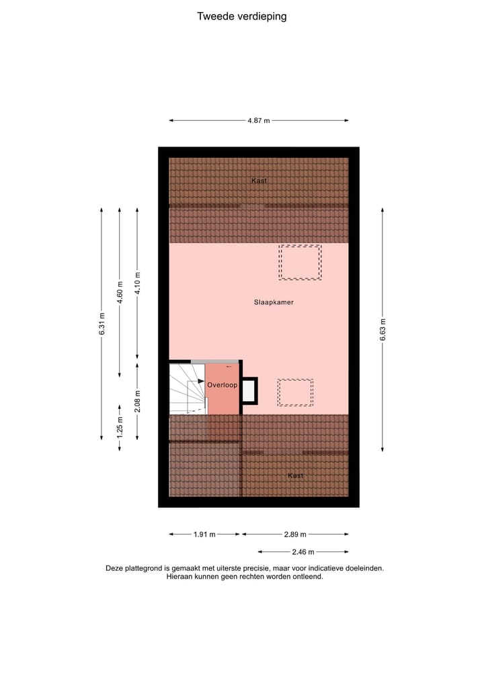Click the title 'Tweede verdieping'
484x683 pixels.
[x=241, y=16]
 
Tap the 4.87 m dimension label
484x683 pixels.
[x=258, y=121]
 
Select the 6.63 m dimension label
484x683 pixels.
[x=382, y=329]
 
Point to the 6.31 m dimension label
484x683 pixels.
[x=102, y=325]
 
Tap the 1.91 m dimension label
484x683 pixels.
[x=204, y=535]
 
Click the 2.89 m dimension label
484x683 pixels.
[x=294, y=535]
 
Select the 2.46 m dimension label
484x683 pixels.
[x=303, y=552]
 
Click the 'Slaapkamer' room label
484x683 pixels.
[x=274, y=302]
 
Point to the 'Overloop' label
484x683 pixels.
[x=222, y=385]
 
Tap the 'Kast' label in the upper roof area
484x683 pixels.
[x=259, y=181]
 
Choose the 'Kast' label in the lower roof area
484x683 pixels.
[x=295, y=475]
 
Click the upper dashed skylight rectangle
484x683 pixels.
[x=300, y=262]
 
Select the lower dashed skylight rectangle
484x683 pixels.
[x=295, y=392]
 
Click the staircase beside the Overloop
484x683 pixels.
[x=186, y=389]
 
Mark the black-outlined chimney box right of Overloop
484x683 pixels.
[x=249, y=391]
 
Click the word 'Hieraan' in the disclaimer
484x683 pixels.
[x=180, y=576]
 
